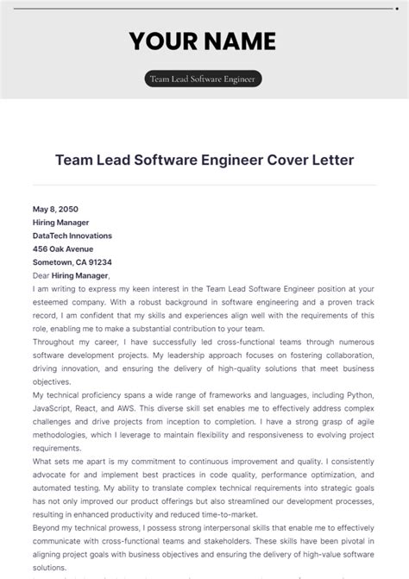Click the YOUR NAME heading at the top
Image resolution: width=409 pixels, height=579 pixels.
(x=204, y=41)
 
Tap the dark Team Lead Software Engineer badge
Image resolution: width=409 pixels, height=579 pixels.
(x=204, y=79)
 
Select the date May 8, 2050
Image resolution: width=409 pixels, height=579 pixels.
(x=54, y=209)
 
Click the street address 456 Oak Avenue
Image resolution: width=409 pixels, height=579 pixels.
(x=62, y=249)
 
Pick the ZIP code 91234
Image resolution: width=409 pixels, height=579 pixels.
(x=98, y=261)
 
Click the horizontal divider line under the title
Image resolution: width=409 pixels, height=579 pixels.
(x=204, y=185)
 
